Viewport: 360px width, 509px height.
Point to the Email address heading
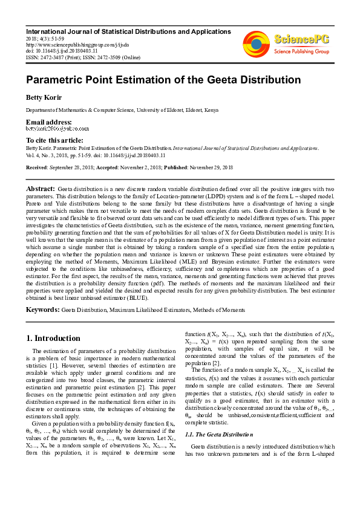[48, 122]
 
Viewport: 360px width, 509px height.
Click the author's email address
[57, 129]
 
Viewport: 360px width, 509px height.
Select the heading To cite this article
[54, 140]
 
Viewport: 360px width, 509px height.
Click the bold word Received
[37, 167]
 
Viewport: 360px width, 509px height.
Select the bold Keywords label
[42, 309]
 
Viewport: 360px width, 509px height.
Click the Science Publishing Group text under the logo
[301, 52]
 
